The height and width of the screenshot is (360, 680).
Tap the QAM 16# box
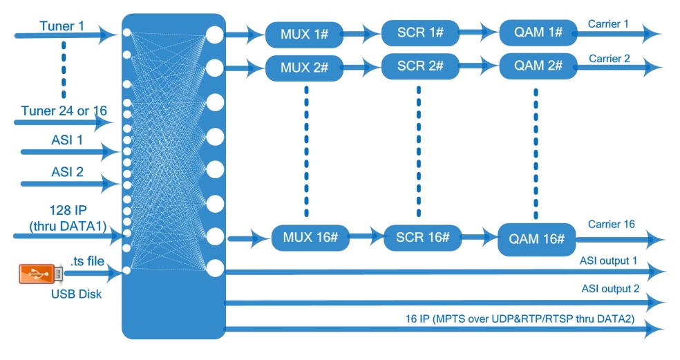(x=537, y=240)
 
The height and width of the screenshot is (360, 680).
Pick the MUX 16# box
(x=310, y=238)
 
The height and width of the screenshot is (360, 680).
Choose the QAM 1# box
(x=538, y=32)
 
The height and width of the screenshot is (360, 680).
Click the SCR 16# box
(x=423, y=238)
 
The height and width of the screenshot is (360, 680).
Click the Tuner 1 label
(x=62, y=26)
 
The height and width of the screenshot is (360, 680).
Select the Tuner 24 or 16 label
(x=64, y=111)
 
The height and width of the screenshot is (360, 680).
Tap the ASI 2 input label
(x=67, y=171)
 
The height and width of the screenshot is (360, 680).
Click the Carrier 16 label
(x=611, y=224)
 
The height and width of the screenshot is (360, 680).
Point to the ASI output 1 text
(x=608, y=262)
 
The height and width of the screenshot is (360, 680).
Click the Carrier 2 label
(x=609, y=59)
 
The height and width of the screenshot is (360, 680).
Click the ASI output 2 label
(x=609, y=288)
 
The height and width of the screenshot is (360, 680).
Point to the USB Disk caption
(x=76, y=294)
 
